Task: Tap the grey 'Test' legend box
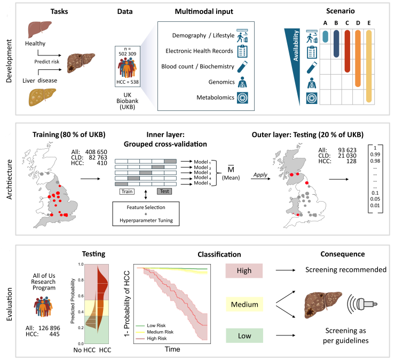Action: [163, 190]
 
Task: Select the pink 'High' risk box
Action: [245, 271]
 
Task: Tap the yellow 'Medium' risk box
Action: [245, 304]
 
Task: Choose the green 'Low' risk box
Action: [245, 337]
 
